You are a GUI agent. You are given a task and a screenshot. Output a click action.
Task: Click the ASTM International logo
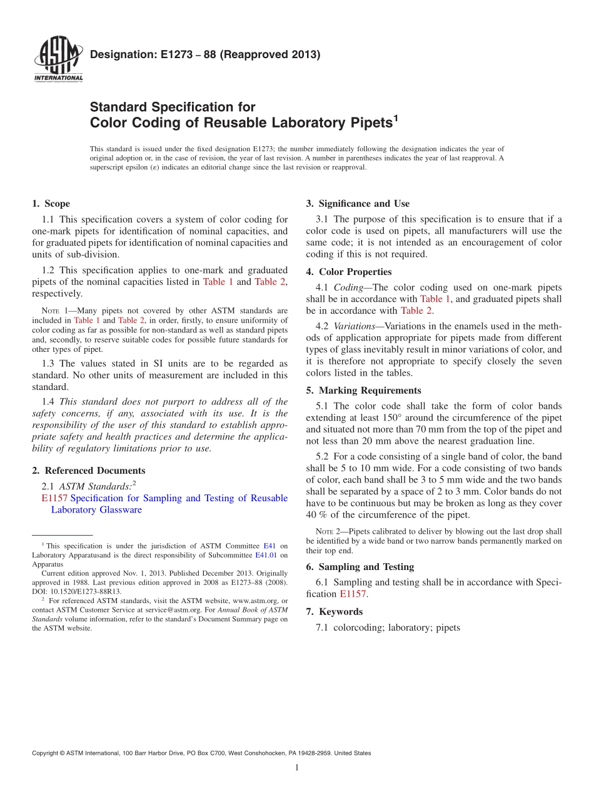[58, 59]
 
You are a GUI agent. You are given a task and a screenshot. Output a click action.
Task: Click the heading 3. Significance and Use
[358, 204]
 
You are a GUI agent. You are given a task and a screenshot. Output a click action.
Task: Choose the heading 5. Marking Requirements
[363, 391]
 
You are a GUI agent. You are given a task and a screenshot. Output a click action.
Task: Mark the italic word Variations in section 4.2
[354, 326]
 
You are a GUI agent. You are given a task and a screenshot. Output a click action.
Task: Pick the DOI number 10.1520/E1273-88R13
[85, 591]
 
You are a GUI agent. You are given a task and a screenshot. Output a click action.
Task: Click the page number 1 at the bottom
[297, 767]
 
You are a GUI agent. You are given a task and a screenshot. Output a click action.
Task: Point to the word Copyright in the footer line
[46, 753]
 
